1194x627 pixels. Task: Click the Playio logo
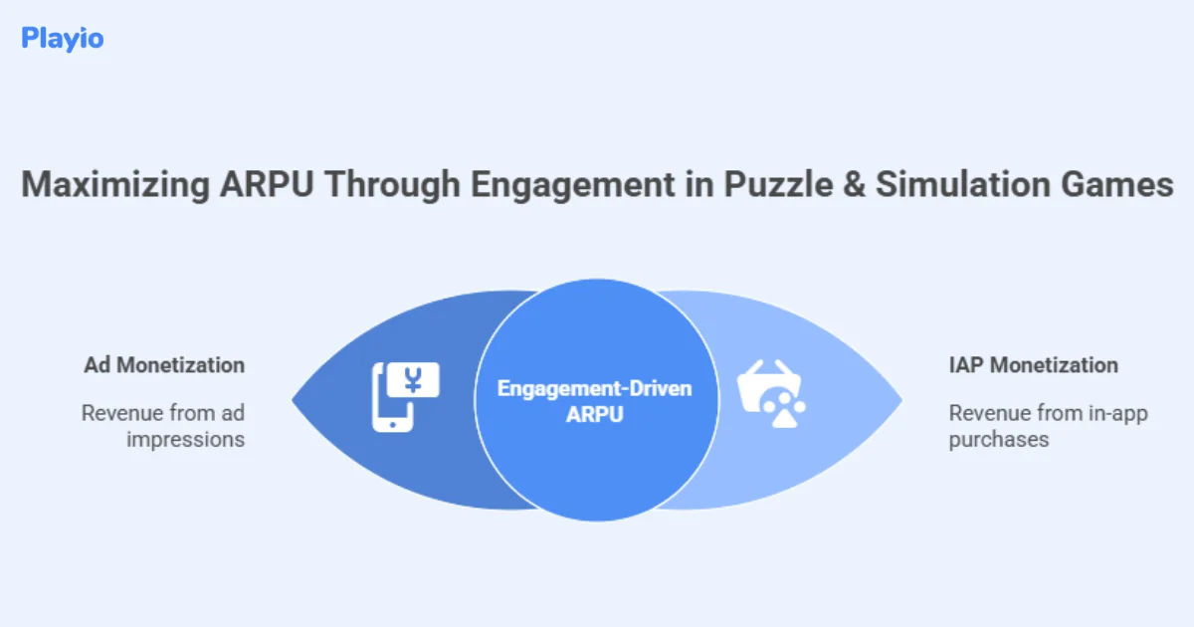pos(62,39)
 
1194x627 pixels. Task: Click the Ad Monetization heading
pos(164,365)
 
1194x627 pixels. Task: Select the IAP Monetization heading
pos(1033,365)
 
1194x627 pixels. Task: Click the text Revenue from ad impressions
pos(163,426)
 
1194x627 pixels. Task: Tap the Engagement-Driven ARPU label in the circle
pos(594,401)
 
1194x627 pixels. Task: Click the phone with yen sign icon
pos(404,396)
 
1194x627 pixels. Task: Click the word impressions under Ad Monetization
pos(185,439)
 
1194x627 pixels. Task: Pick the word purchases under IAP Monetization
pos(998,439)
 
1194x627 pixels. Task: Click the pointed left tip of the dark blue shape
pos(295,401)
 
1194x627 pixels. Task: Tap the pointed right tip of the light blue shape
pos(900,401)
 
